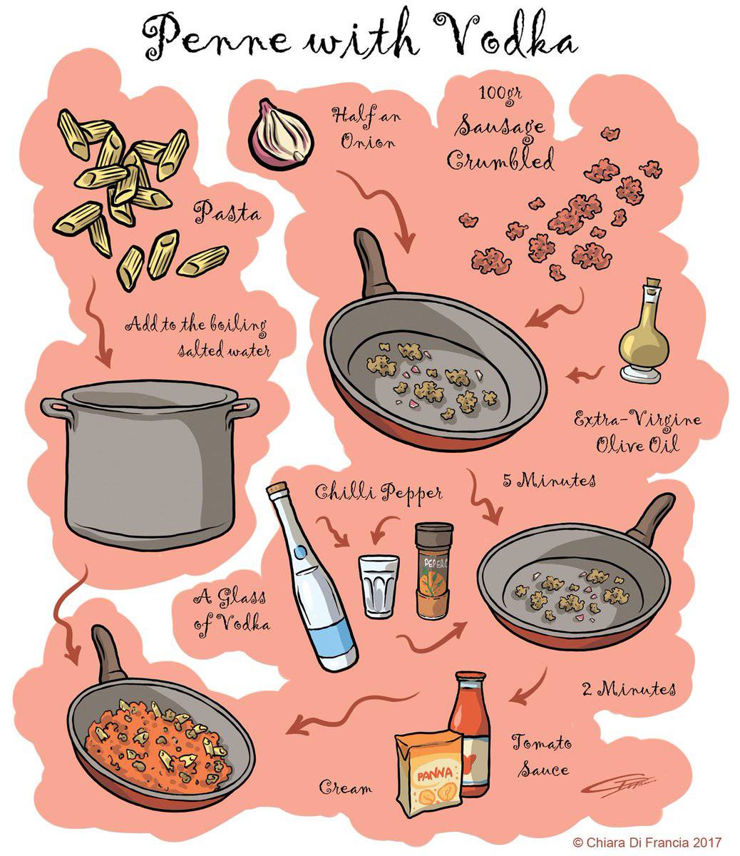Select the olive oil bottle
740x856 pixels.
[643, 335]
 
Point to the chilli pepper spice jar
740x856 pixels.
[434, 571]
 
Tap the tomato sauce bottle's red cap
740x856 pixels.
[471, 678]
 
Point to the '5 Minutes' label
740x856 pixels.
[549, 480]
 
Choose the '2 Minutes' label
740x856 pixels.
[627, 689]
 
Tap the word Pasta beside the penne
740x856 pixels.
[227, 212]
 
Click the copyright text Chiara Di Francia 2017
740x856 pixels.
[647, 842]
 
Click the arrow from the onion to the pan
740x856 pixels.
[384, 214]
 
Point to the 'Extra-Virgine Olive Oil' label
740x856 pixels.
[636, 432]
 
